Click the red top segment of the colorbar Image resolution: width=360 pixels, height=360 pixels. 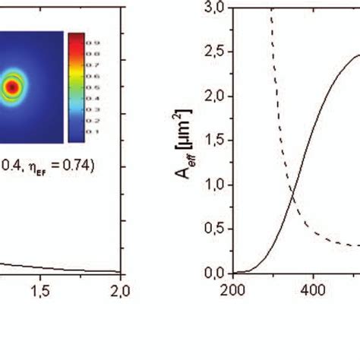click(x=75, y=39)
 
